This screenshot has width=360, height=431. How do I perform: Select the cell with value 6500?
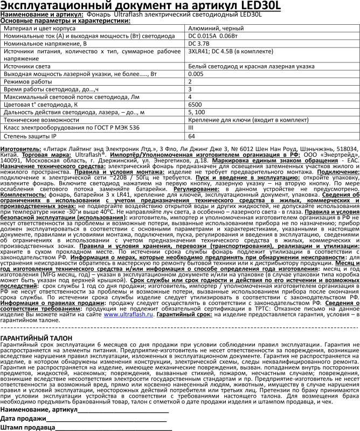(195, 104)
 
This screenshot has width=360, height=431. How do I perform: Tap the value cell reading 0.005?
(196, 73)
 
